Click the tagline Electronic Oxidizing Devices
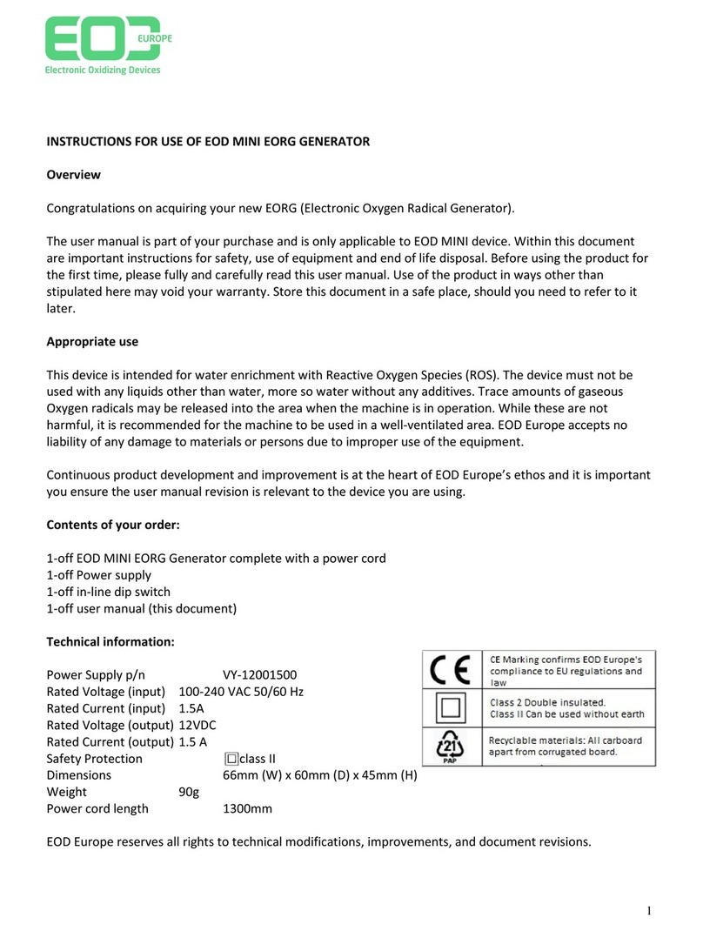coord(103,70)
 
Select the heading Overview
coord(73,175)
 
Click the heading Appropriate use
coord(91,342)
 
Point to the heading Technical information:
coord(110,641)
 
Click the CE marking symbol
coord(452,670)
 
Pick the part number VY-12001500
coord(266,674)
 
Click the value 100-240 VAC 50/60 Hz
coord(241,692)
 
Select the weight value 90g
coord(189,792)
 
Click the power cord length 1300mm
coord(248,808)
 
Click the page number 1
coord(649,911)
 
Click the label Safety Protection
coord(94,759)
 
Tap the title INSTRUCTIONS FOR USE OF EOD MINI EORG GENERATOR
coord(208,142)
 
